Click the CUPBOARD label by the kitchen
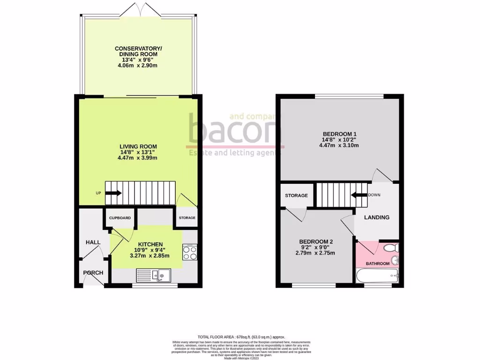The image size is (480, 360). [x=120, y=218]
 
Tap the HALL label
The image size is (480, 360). [x=93, y=242]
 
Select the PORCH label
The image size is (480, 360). [x=93, y=273]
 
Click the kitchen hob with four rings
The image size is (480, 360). [x=189, y=253]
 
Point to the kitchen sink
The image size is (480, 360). [x=155, y=275]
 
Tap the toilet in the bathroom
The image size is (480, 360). [x=390, y=247]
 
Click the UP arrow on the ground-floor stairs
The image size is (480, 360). [x=112, y=192]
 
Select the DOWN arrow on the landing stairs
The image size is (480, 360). [x=359, y=195]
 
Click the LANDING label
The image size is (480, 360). [x=377, y=217]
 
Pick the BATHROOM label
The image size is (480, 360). [x=377, y=263]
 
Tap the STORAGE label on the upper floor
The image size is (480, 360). [x=296, y=195]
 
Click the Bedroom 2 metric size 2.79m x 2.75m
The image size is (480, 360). [x=315, y=253]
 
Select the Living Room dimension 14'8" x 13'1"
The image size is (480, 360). [x=137, y=152]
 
